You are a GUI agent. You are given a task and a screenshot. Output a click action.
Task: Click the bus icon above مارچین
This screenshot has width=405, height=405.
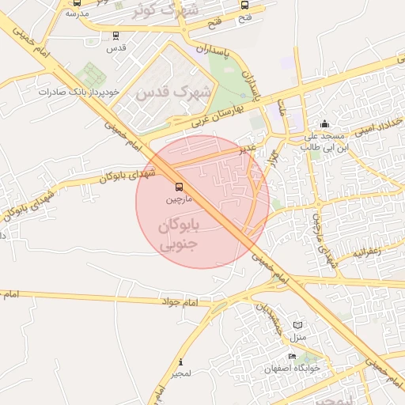tap(178, 187)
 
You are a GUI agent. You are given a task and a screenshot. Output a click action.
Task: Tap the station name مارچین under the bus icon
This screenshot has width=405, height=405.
tap(178, 199)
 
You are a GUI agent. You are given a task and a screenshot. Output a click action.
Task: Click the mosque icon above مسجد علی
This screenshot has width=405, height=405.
tap(324, 124)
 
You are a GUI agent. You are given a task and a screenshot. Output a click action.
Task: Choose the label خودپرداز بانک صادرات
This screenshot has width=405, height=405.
tap(81, 92)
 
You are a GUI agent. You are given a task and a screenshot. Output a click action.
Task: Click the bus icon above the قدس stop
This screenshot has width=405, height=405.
tap(117, 35)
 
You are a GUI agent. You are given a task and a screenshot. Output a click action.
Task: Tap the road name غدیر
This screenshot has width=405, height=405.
tap(249, 148)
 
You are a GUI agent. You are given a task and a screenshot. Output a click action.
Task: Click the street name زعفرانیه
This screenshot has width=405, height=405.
tap(367, 252)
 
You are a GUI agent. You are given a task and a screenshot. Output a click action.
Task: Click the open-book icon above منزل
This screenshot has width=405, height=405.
tap(298, 325)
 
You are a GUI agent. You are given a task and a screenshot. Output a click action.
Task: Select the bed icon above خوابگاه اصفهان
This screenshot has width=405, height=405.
tap(292, 357)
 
